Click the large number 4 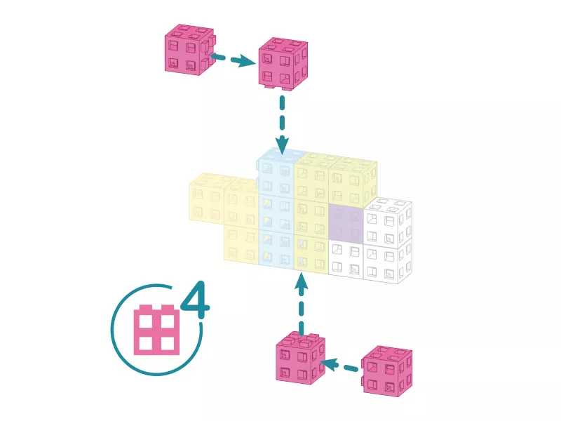[x=196, y=300]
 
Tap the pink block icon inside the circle [x=156, y=330]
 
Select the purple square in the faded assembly [x=346, y=223]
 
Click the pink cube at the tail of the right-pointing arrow [x=190, y=49]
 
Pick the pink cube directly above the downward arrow [x=283, y=64]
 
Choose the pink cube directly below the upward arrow [x=301, y=359]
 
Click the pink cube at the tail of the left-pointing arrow [x=386, y=371]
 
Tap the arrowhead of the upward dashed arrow [x=302, y=280]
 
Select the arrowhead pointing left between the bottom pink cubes [x=329, y=364]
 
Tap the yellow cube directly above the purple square [x=353, y=182]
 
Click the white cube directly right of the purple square [x=388, y=222]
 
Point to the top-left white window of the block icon [x=146, y=321]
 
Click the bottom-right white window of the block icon [x=168, y=344]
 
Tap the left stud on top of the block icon [x=146, y=307]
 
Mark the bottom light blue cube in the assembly [x=276, y=248]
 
